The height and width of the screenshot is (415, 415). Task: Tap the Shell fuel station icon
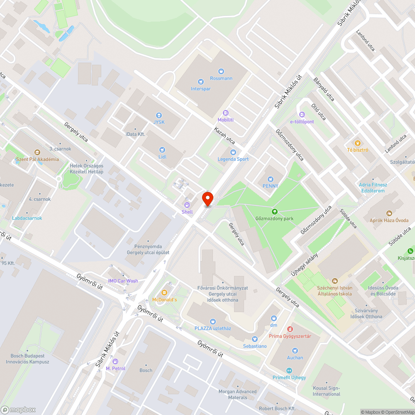tap(187, 205)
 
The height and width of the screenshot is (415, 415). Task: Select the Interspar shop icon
tap(201, 82)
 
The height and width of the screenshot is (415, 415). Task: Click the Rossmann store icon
tap(221, 71)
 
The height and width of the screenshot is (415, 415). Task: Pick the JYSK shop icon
tap(158, 115)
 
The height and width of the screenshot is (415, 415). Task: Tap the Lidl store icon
tap(162, 150)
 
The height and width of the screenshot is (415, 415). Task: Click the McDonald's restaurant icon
tap(164, 293)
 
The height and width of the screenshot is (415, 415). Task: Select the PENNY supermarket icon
tap(270, 179)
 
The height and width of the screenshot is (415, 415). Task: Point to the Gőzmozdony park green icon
tap(274, 211)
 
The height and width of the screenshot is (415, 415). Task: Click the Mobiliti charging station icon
tap(226, 112)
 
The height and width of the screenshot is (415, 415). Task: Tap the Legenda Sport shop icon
tap(233, 152)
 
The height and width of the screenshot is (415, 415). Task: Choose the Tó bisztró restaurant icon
tap(358, 143)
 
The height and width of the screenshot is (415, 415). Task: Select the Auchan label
tap(295, 357)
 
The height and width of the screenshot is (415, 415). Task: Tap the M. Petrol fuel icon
tap(115, 361)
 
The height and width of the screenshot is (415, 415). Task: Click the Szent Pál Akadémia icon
tap(37, 152)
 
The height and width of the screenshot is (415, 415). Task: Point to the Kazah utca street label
tap(224, 136)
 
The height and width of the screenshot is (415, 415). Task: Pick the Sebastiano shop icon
tap(255, 339)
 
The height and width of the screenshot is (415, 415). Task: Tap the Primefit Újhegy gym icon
tap(289, 370)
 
